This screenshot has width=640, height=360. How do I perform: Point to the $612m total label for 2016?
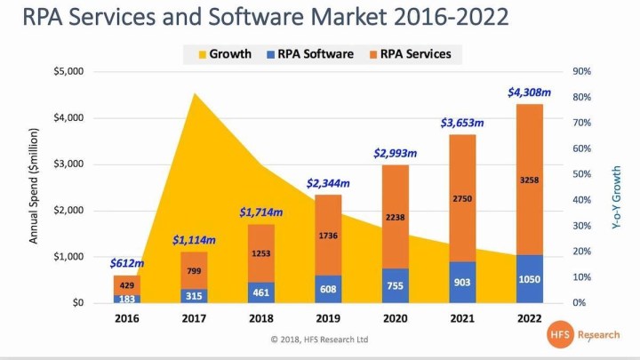point(126,262)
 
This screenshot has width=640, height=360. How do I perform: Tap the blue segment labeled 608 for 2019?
point(328,289)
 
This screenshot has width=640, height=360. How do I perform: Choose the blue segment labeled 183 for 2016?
point(126,299)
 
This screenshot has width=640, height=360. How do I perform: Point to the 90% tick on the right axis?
point(581,71)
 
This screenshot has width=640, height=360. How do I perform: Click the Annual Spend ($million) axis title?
point(35,187)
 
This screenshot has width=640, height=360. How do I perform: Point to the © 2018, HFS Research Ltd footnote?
point(320,340)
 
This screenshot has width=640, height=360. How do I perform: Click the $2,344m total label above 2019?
point(328,183)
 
